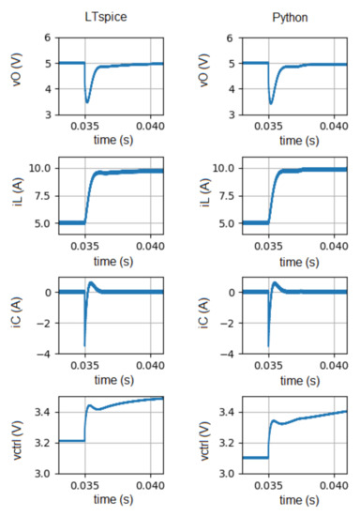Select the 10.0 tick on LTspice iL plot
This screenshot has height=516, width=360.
pyautogui.click(x=38, y=168)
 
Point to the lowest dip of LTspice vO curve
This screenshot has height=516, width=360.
pyautogui.click(x=87, y=101)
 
